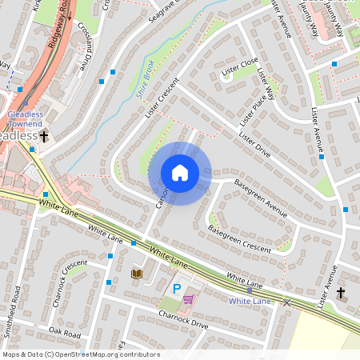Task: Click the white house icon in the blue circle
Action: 180,173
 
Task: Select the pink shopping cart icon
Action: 189,299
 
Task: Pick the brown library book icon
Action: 136,274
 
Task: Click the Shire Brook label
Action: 144,80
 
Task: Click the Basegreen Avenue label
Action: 260,198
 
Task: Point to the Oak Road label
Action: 66,330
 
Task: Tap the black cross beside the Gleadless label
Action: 45,137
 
